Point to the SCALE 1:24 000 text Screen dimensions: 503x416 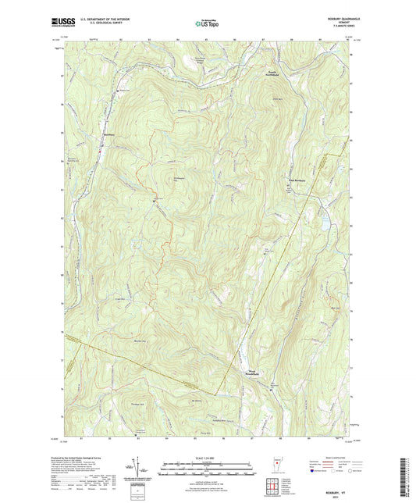207,448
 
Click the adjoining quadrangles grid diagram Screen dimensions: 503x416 272,486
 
